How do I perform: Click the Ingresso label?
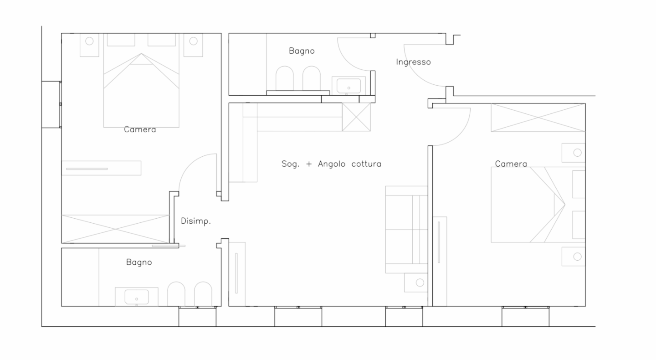point(413,62)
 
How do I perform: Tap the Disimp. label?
point(195,221)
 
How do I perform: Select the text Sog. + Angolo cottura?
point(331,164)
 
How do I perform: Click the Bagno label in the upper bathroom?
point(302,51)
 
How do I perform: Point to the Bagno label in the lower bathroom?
point(139,262)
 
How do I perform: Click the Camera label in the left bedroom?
point(140,129)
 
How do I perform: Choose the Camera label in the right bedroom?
point(511,164)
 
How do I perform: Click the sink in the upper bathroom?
point(348,86)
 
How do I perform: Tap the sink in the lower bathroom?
point(137,297)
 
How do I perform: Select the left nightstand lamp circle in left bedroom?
point(89,41)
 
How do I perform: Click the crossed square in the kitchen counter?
point(356,117)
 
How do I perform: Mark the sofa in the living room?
point(406,230)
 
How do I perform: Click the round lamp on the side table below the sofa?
point(420,283)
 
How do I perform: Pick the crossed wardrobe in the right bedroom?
point(538,118)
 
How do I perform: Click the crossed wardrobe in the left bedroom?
point(115,229)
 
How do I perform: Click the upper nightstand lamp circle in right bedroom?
point(577,153)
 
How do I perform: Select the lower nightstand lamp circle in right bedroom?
point(577,257)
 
